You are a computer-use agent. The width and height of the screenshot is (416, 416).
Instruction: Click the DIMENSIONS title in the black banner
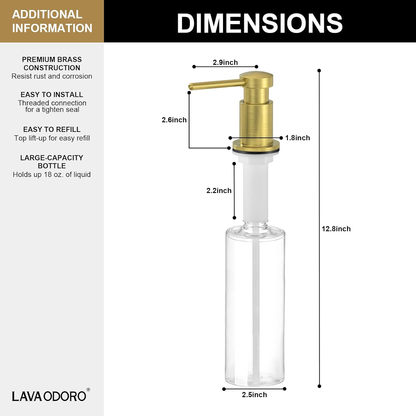pos(260,23)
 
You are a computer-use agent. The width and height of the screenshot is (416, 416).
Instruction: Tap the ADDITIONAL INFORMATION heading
pos(52,21)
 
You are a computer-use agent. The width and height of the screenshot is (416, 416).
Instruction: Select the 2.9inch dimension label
pos(225,62)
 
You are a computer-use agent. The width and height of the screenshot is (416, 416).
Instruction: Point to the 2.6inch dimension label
pos(174,120)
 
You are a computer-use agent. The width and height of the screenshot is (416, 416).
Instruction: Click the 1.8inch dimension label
pos(298,138)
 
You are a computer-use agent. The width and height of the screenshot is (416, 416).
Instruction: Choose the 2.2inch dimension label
pos(219,191)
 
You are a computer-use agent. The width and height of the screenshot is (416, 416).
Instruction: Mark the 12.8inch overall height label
pos(336,229)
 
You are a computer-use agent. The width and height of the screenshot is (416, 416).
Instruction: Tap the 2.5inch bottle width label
pos(254,395)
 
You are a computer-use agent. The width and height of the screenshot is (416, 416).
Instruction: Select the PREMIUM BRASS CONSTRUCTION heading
pos(52,64)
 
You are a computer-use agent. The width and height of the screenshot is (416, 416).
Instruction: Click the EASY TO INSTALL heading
pos(52,95)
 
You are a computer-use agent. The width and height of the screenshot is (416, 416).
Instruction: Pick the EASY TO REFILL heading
pos(52,130)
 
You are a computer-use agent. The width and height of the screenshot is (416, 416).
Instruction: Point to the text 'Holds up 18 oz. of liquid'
pos(52,174)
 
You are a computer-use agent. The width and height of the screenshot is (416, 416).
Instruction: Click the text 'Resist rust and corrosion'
pos(52,76)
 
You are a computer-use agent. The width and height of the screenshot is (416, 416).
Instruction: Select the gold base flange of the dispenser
pos(256,145)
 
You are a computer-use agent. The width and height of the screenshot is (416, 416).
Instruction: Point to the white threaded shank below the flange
pos(256,189)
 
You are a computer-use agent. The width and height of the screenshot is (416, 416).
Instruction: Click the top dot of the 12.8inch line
pos(319,71)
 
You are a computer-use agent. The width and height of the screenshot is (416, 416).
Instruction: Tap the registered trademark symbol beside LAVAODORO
pos(88,390)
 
